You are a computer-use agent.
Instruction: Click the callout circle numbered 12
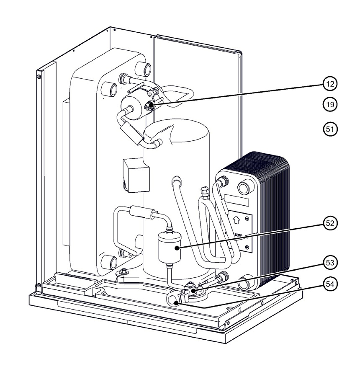330,84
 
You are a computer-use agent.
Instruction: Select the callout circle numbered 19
330,104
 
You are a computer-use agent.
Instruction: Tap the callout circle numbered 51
330,129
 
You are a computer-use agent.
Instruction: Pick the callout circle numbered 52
330,223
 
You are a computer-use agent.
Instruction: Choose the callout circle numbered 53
330,262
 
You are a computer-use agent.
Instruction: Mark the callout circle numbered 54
330,284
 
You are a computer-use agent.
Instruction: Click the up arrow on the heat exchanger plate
237,220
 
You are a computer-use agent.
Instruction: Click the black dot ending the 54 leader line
177,303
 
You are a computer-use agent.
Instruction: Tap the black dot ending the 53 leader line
193,291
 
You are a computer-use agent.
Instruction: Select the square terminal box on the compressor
136,175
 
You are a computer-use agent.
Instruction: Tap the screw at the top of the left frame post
39,77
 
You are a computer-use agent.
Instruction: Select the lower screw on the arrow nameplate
247,247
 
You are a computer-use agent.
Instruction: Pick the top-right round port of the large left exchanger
143,69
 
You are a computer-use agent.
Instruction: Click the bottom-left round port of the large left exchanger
109,262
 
